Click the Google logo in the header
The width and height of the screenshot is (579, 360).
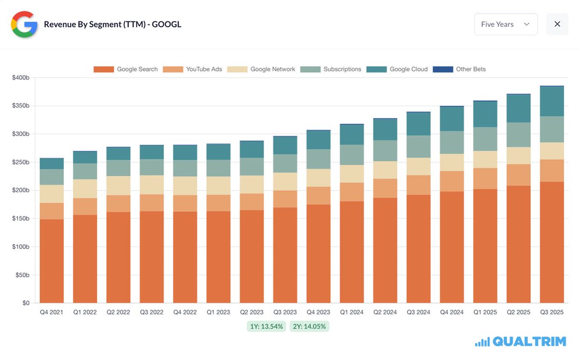click(x=24, y=24)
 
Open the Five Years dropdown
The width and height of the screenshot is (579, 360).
click(x=506, y=24)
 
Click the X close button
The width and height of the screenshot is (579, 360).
click(x=557, y=24)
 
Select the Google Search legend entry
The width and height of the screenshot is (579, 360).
click(x=126, y=69)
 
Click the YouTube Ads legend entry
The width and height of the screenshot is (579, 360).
click(x=193, y=69)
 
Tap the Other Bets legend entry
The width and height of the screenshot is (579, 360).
click(x=459, y=69)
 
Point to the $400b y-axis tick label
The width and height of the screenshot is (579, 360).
click(x=21, y=78)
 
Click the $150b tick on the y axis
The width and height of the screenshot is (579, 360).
click(x=21, y=219)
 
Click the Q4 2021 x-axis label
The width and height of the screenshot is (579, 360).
click(x=51, y=312)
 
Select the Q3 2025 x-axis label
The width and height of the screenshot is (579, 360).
click(x=551, y=312)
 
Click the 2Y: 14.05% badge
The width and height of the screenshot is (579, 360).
click(x=309, y=326)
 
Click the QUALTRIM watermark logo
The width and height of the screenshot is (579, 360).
click(x=521, y=342)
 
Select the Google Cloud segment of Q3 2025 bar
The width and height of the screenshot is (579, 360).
click(x=551, y=101)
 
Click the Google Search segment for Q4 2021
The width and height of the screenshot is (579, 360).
click(x=51, y=261)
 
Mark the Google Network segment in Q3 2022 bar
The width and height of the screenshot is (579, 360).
click(x=152, y=185)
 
